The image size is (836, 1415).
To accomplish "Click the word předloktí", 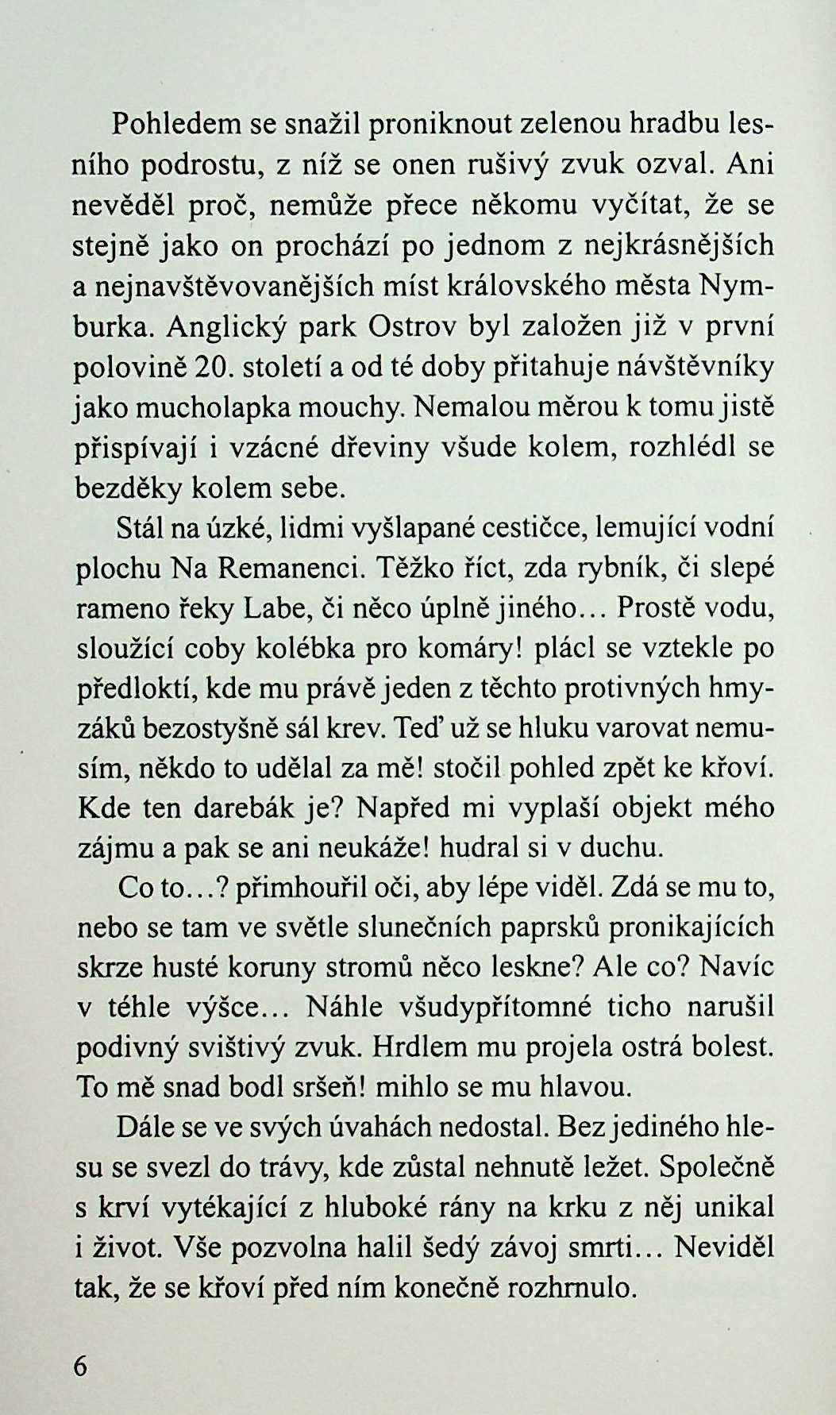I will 136,688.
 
